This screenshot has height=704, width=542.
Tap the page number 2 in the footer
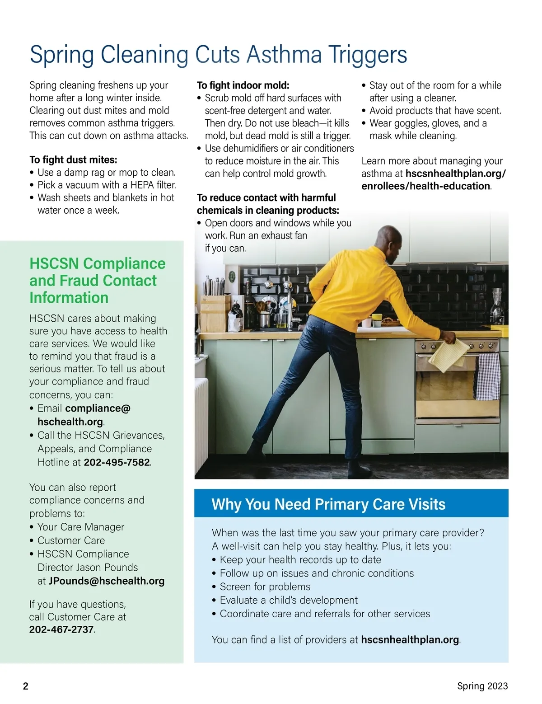point(26,686)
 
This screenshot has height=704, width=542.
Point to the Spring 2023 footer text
point(482,686)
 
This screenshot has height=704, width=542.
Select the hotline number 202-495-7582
point(117,462)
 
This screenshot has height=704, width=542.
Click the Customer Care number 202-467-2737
point(61,629)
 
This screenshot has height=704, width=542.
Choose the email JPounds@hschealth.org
point(107,581)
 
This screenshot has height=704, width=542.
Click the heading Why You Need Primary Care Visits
point(328,504)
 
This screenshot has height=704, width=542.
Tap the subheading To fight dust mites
point(73,160)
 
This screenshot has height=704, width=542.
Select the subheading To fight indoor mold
point(243,85)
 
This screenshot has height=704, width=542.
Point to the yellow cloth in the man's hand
point(448,352)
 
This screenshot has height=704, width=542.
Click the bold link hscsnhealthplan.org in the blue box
point(410,639)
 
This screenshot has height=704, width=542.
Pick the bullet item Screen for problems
point(265,587)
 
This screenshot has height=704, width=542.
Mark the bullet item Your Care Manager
point(80,527)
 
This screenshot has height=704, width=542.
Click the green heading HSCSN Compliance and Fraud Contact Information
point(97,280)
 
